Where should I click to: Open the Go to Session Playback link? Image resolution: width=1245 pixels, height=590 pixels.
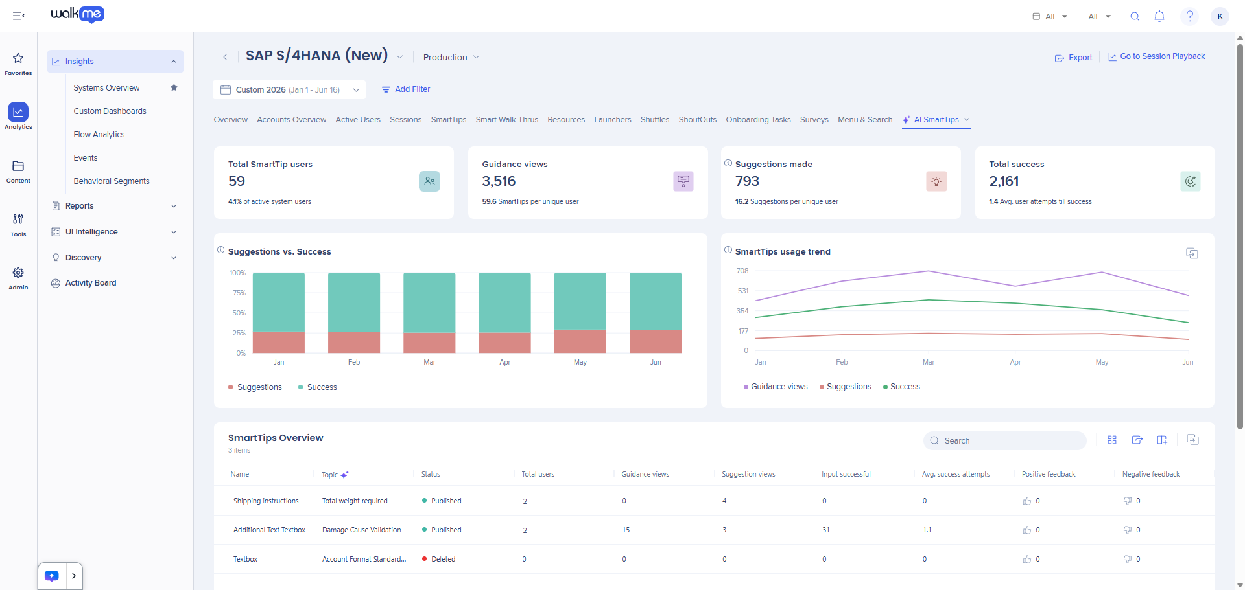point(1156,56)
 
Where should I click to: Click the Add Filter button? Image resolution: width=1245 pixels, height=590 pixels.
point(406,89)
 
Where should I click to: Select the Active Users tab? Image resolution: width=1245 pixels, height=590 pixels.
point(358,120)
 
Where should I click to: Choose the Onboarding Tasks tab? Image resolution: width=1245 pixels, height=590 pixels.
point(758,120)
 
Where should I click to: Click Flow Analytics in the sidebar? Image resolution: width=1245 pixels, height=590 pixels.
point(99,135)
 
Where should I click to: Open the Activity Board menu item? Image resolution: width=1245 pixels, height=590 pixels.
point(91,283)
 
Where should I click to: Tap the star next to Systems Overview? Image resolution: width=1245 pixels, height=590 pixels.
point(174,87)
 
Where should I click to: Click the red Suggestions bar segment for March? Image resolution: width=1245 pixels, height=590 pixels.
point(429,343)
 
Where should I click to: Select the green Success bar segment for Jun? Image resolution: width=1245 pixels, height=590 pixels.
point(656,301)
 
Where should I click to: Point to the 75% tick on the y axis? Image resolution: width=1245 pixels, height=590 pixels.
point(239,293)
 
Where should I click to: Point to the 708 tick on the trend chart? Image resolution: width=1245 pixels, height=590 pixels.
point(742,271)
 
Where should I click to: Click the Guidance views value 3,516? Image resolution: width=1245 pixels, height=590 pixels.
point(499,181)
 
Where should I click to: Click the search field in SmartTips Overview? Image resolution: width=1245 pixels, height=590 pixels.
point(1004,440)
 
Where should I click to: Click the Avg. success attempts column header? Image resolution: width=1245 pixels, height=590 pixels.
point(956,474)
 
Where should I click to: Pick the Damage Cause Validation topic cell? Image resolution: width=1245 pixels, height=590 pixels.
point(362,530)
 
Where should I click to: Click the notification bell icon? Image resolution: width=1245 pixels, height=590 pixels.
point(1159,16)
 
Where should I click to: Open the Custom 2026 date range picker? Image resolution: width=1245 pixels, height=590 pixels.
point(289,89)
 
